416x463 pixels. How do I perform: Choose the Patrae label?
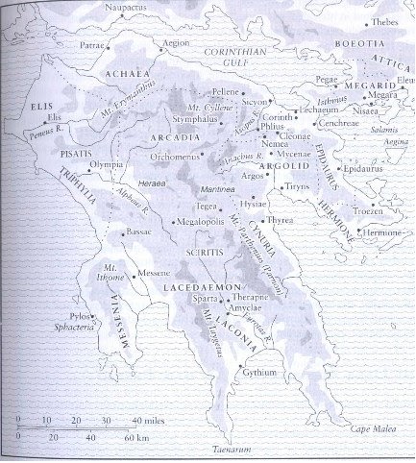coord(92,44)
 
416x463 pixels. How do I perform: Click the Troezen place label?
coord(369,210)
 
